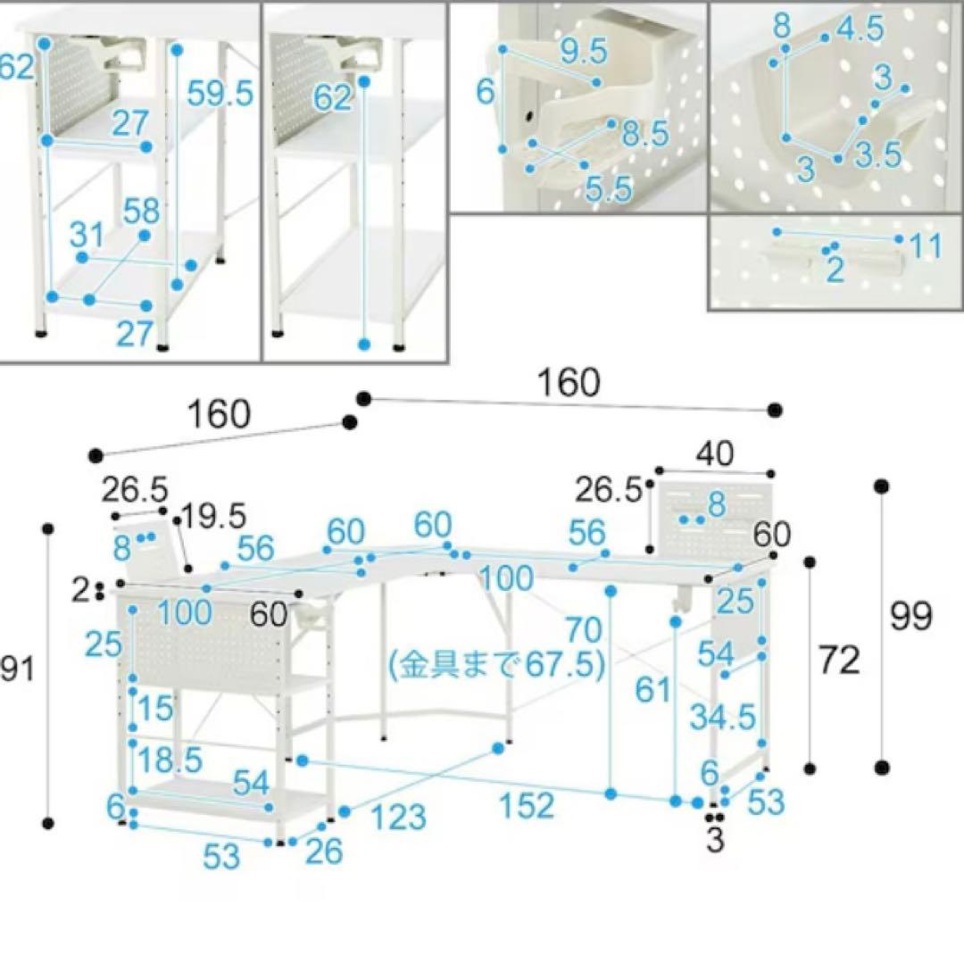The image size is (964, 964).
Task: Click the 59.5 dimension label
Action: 220,92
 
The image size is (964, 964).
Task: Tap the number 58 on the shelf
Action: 141,212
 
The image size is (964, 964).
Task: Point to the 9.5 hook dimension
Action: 584,53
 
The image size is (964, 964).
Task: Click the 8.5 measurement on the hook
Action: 644,134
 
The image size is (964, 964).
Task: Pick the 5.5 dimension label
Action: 609,188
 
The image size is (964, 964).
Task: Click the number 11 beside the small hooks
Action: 927,246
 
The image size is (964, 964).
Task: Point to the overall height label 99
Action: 911,616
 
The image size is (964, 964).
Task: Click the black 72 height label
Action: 838,661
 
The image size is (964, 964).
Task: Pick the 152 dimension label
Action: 527,805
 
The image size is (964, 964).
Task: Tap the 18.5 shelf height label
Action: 170,760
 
